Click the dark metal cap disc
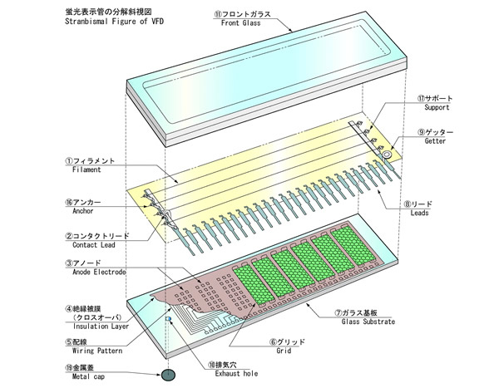(x=168, y=375)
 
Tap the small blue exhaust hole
(x=169, y=319)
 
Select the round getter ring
(x=387, y=154)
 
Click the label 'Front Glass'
(x=240, y=23)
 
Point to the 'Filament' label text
(x=86, y=169)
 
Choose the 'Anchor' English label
(x=83, y=211)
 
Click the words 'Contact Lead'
(x=94, y=245)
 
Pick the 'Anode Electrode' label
(x=99, y=272)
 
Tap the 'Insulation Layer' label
(x=101, y=327)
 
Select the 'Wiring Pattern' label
(x=97, y=351)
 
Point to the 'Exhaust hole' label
(x=236, y=374)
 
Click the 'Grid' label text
(x=284, y=351)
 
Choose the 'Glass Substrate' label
(x=368, y=322)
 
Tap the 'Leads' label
(x=419, y=213)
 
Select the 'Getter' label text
(x=435, y=141)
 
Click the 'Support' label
(x=437, y=107)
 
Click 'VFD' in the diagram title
(x=157, y=22)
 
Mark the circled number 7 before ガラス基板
(x=338, y=312)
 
